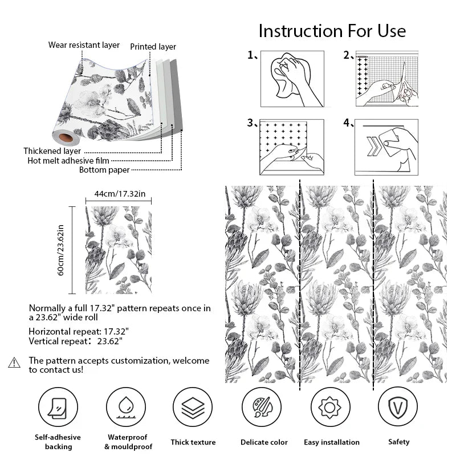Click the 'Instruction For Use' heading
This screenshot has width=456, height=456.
click(332, 30)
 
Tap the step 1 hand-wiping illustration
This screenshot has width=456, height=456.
click(292, 79)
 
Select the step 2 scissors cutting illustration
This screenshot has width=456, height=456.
click(387, 79)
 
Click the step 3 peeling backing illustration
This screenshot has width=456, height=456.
click(292, 147)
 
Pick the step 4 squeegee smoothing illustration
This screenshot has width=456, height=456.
click(387, 147)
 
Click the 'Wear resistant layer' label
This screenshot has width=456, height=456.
click(84, 45)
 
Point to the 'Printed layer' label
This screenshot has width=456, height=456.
click(153, 47)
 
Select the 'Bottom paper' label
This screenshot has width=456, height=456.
click(104, 170)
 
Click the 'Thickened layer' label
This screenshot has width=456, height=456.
click(52, 151)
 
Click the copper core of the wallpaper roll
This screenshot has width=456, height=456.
click(66, 137)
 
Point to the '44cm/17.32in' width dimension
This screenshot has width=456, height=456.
click(120, 194)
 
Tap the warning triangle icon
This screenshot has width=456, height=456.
click(14, 363)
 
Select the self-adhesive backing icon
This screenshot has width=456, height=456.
click(58, 408)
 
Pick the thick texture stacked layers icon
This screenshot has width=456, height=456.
click(193, 408)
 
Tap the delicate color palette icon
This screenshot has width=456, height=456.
click(262, 408)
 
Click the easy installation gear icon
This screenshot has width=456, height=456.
click(330, 408)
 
